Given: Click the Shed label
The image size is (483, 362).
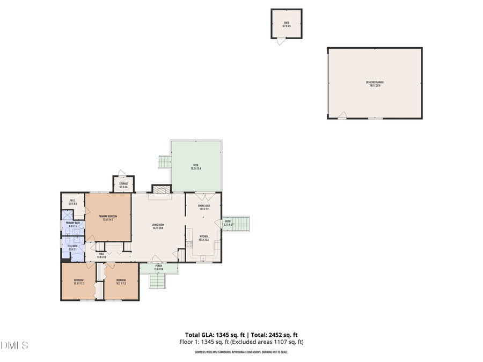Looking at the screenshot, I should pyautogui.click(x=287, y=24).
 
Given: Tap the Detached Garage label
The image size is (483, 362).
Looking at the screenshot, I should pyautogui.click(x=375, y=84).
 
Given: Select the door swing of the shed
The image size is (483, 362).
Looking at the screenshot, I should pyautogui.click(x=280, y=41).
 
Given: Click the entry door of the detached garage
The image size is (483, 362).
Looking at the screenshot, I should pyautogui.click(x=342, y=115).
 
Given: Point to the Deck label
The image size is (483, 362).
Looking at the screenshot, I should pyautogui.click(x=196, y=166).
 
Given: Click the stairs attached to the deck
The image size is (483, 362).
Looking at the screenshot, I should pyautogui.click(x=164, y=161).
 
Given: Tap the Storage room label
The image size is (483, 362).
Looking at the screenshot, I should pyautogui.click(x=123, y=184).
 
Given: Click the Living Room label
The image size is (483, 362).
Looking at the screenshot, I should pyautogui.click(x=158, y=226).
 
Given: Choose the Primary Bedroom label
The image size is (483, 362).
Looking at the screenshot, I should pyautogui.click(x=107, y=217).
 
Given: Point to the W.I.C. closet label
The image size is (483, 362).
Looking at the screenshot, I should pyautogui.click(x=72, y=202).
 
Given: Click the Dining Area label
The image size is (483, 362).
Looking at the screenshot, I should pyautogui.click(x=204, y=207).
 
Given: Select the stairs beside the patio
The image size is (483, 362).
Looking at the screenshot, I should pyautogui.click(x=240, y=224).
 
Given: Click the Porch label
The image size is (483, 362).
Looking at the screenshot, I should pyautogui.click(x=159, y=267).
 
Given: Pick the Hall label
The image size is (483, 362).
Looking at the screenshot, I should pyautogui.click(x=101, y=256).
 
